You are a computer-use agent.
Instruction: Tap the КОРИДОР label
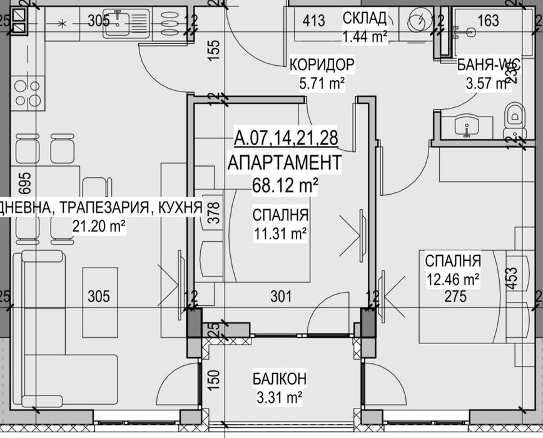click(322, 65)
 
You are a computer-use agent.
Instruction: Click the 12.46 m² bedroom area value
click(453, 278)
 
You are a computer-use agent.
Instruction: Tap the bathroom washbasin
click(466, 125)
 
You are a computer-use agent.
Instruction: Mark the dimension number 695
click(8, 183)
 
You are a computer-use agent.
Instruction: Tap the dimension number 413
click(313, 21)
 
